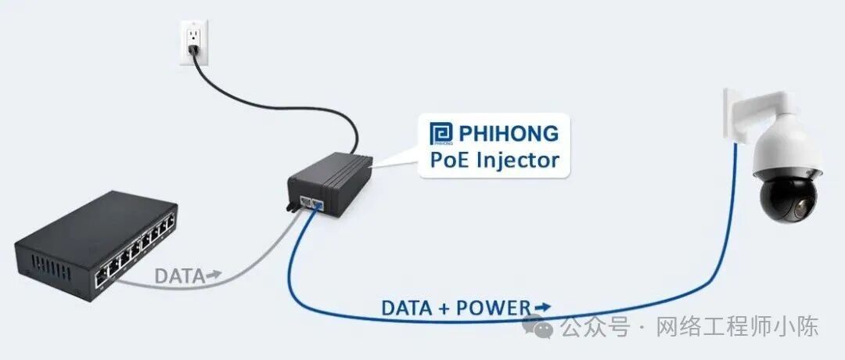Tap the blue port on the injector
tap(318, 204)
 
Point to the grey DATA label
tap(178, 275)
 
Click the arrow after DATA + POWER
tap(541, 307)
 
